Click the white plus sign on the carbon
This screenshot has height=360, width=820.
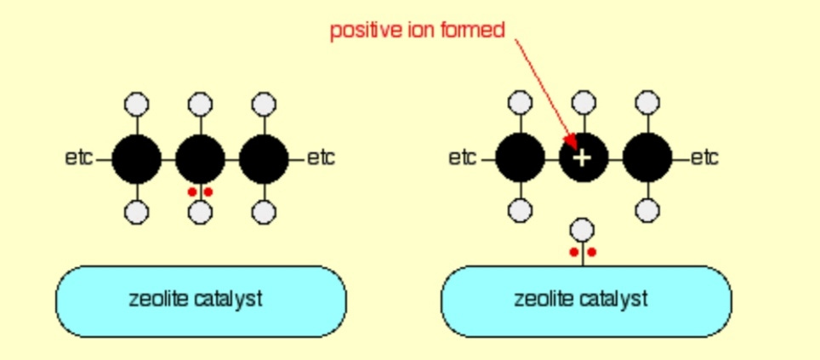tap(583, 158)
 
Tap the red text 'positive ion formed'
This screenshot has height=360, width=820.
tap(417, 31)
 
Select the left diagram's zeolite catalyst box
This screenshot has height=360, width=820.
tap(201, 300)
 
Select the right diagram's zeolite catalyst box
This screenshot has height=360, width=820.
tap(585, 300)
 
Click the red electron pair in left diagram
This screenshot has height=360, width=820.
tap(200, 192)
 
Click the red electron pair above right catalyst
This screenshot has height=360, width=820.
tap(583, 252)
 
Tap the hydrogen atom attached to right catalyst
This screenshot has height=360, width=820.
tap(583, 230)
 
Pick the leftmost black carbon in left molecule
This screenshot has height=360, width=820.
tap(136, 158)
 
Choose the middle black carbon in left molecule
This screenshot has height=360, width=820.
tap(200, 158)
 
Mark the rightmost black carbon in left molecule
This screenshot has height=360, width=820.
tap(264, 158)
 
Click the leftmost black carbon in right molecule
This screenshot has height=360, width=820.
tap(520, 158)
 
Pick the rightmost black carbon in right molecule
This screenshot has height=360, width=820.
tap(646, 158)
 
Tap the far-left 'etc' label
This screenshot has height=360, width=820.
tap(79, 158)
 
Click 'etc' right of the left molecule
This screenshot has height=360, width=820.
tap(321, 158)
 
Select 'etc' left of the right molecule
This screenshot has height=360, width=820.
tap(463, 158)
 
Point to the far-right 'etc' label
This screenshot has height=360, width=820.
tap(704, 158)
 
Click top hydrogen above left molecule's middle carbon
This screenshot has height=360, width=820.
tap(200, 104)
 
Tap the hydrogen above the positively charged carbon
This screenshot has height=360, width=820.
tap(583, 104)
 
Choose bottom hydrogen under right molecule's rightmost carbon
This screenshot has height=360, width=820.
tap(646, 210)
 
